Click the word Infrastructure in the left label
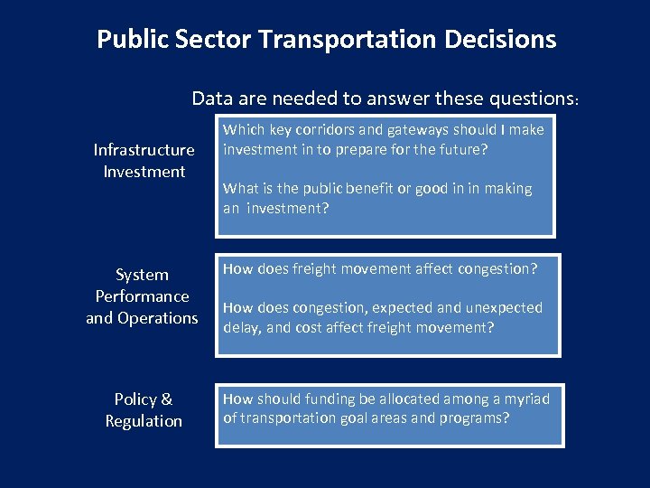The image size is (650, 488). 144,150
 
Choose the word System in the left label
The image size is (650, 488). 143,275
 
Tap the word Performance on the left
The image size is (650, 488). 143,296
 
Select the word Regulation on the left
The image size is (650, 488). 144,421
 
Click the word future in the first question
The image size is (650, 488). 461,149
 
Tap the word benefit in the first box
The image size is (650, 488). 360,189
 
